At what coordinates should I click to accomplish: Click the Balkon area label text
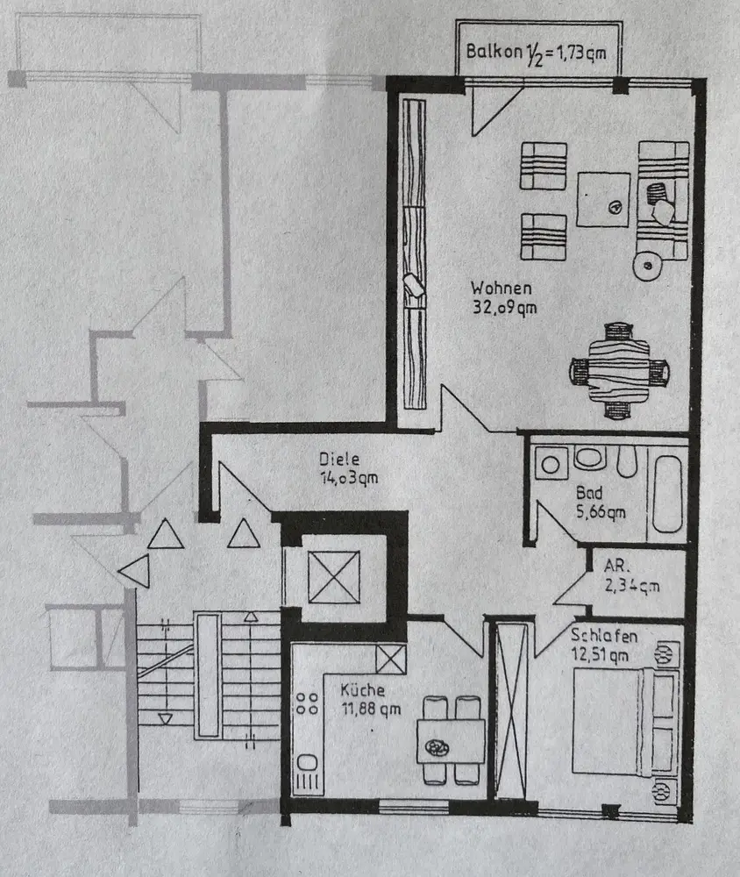click(539, 52)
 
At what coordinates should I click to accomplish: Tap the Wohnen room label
click(501, 289)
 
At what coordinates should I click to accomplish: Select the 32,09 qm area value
click(502, 307)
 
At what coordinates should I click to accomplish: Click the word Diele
click(339, 459)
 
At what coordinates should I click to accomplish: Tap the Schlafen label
click(603, 636)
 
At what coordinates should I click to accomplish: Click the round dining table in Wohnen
click(619, 371)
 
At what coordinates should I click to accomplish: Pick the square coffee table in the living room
click(603, 200)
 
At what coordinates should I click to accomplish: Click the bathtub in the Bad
click(669, 495)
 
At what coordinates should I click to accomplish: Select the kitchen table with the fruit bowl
click(451, 741)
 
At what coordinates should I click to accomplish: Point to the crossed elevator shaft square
click(333, 576)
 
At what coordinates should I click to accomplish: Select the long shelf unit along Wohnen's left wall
click(414, 254)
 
